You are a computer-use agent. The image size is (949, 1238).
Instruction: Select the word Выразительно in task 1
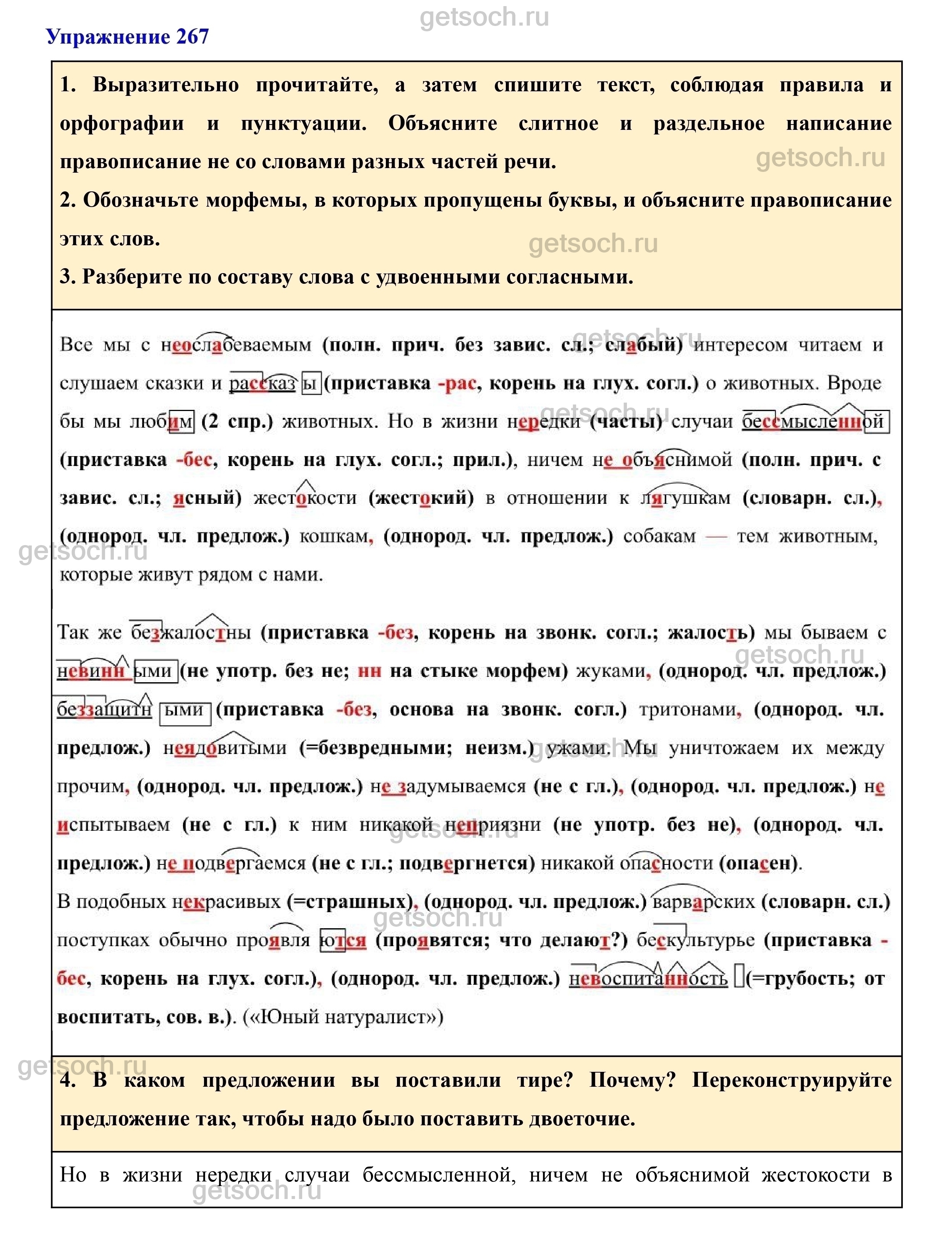point(165,85)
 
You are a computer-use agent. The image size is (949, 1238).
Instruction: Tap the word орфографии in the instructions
point(121,124)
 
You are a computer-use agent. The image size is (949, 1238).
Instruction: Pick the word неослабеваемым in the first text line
point(236,345)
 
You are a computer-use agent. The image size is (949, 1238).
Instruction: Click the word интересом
point(740,345)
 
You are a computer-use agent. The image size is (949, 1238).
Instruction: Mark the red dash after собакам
point(716,536)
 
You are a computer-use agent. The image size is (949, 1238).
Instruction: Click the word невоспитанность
point(648,979)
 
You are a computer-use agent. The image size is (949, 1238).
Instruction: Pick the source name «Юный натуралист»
point(342,1017)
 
